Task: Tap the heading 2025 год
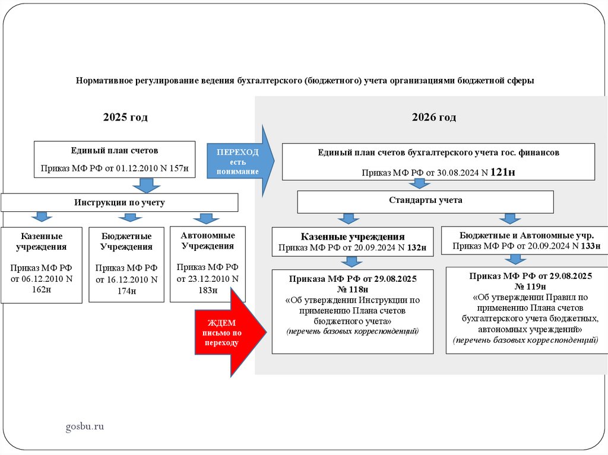pyautogui.click(x=125, y=117)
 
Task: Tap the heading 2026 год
pyautogui.click(x=434, y=117)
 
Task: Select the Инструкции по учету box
pyautogui.click(x=119, y=202)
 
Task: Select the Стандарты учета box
pyautogui.click(x=425, y=201)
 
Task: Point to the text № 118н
pyautogui.click(x=353, y=289)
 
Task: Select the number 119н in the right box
pyautogui.click(x=531, y=286)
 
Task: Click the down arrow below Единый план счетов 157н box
pyautogui.click(x=143, y=186)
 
